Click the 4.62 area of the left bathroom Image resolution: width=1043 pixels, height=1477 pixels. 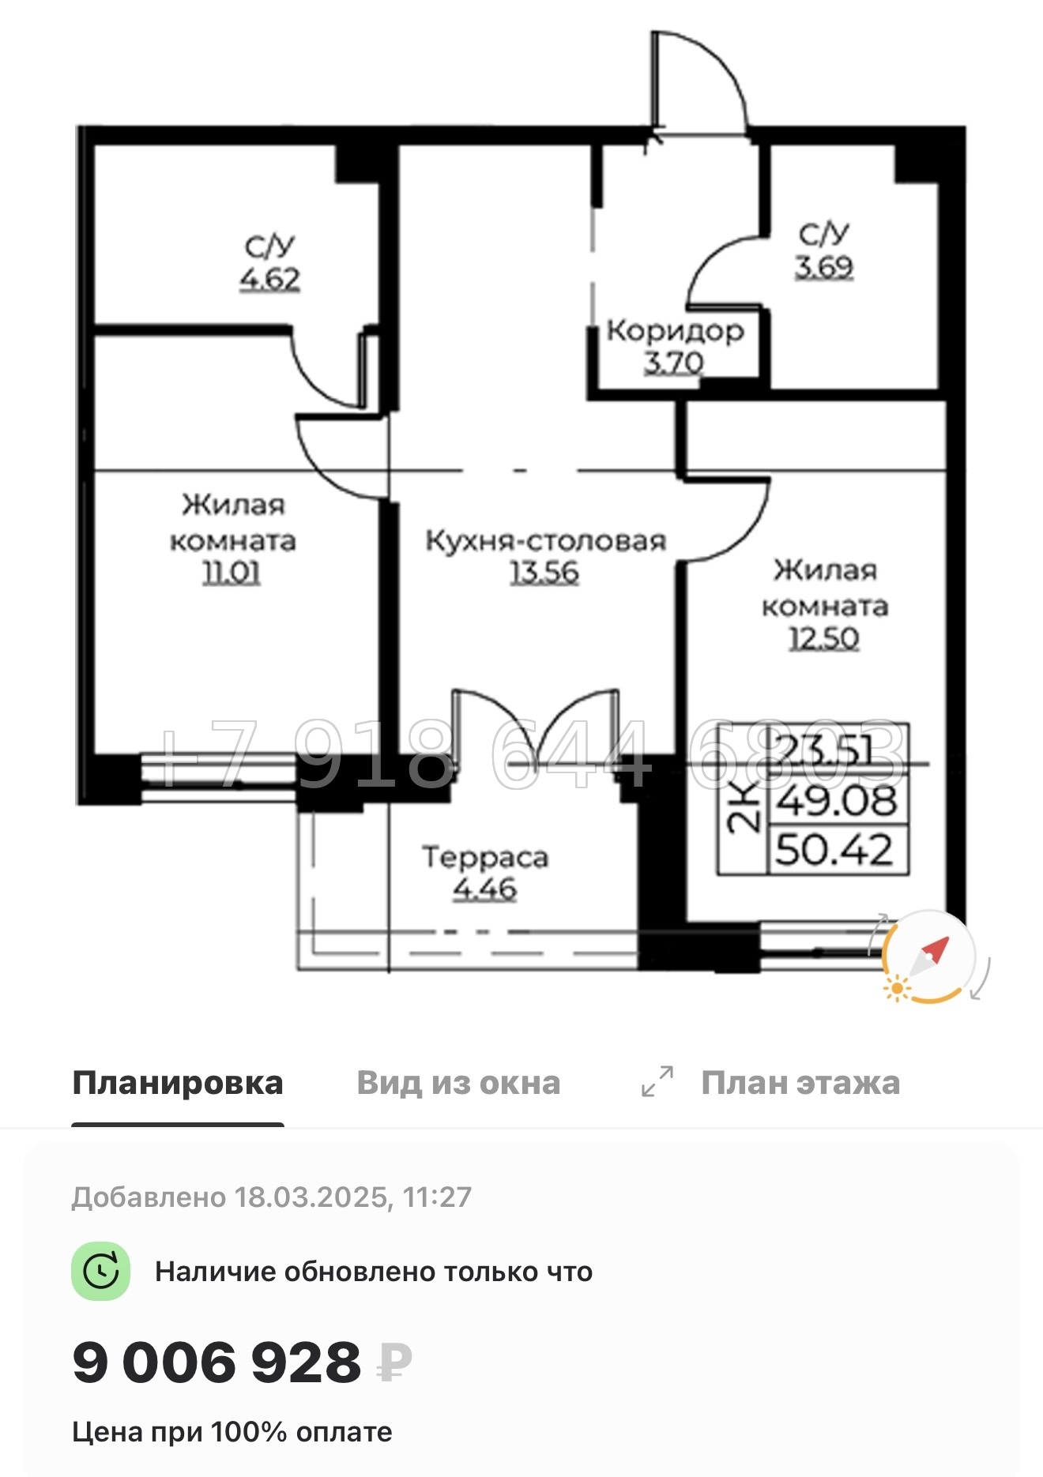[x=270, y=280]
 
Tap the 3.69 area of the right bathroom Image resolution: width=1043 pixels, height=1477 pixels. [x=824, y=267]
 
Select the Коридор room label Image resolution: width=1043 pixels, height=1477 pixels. [x=675, y=330]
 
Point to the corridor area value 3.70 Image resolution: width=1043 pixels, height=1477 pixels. [x=673, y=363]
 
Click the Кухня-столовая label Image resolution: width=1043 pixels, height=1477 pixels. [x=546, y=541]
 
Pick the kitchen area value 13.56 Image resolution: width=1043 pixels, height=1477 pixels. [x=544, y=572]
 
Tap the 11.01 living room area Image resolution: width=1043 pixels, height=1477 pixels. [x=232, y=573]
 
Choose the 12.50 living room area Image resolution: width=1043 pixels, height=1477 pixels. [x=824, y=638]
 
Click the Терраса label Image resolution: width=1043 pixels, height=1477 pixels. [x=484, y=857]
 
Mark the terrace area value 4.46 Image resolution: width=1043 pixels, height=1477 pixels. [x=484, y=889]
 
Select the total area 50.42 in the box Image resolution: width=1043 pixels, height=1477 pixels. [x=834, y=851]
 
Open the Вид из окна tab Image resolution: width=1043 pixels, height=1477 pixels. [x=458, y=1083]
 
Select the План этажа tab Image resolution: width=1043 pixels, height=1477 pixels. [x=800, y=1083]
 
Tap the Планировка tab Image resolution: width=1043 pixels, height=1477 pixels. [x=178, y=1083]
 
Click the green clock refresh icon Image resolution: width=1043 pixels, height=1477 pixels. [x=100, y=1272]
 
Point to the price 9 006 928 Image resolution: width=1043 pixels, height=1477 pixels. [x=217, y=1362]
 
